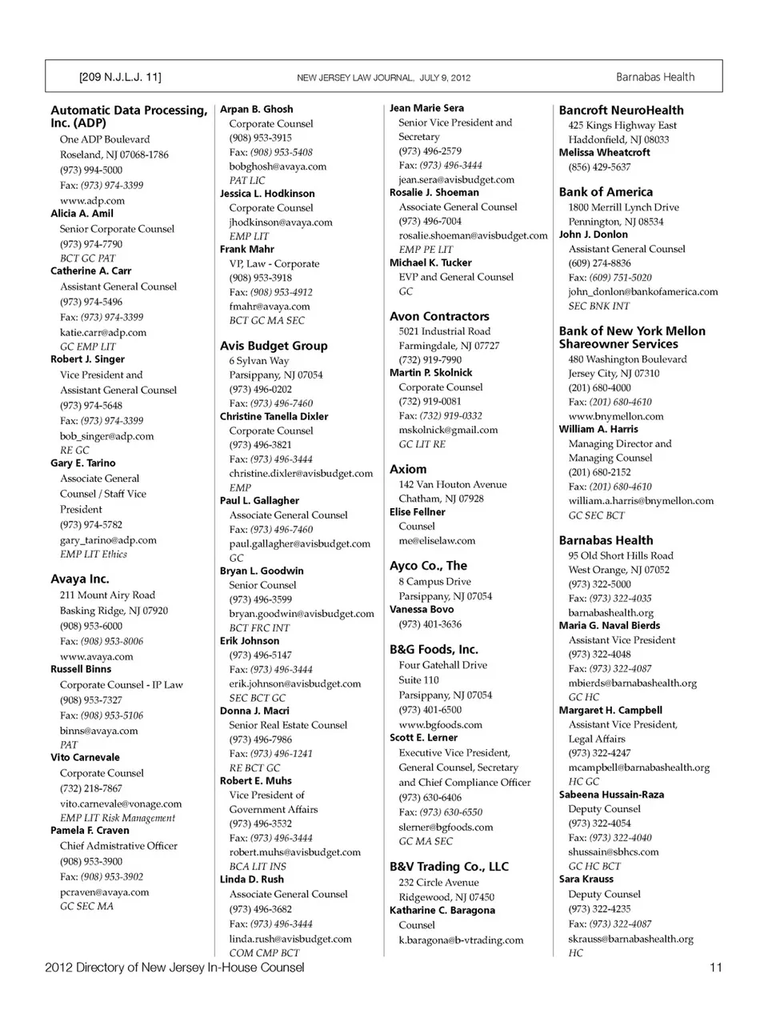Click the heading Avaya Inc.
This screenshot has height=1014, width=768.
tap(80, 579)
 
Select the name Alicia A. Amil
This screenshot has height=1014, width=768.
tap(82, 214)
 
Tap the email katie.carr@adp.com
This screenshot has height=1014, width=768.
tap(103, 332)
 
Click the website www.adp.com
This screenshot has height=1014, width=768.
tap(92, 201)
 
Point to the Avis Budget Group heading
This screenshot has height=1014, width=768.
tap(274, 346)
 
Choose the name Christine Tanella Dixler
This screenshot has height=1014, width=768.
tap(274, 416)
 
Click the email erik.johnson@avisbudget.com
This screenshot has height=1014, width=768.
tap(294, 683)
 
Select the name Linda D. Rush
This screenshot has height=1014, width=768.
tap(252, 879)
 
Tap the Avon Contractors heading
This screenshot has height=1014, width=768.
tap(439, 316)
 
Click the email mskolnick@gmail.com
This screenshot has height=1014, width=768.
tap(448, 430)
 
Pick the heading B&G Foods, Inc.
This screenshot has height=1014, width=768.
tap(434, 649)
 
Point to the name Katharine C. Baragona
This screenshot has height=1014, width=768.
tap(442, 910)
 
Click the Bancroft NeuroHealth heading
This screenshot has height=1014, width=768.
tap(621, 110)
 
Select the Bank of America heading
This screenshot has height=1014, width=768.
tap(606, 192)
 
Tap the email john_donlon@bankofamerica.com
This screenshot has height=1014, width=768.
tap(643, 292)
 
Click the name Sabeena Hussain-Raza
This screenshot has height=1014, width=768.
tap(611, 795)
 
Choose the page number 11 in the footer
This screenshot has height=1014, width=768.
tap(715, 967)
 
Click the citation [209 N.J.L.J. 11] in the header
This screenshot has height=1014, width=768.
tap(120, 77)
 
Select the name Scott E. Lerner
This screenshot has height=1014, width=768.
tap(423, 737)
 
